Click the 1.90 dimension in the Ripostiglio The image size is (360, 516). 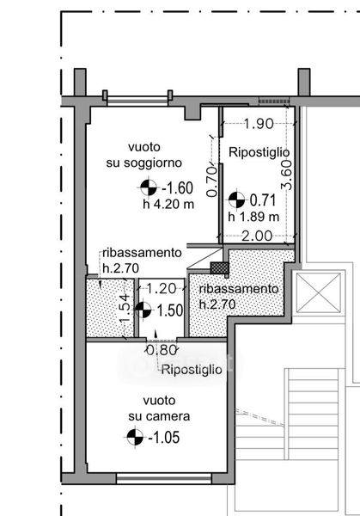[259, 124]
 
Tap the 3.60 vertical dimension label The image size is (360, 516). [286, 175]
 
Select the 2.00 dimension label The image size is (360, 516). [257, 236]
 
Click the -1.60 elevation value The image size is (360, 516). [177, 188]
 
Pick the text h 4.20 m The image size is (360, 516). [168, 205]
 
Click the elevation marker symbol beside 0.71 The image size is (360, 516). [237, 200]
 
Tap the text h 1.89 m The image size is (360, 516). [253, 217]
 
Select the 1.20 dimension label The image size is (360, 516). [161, 289]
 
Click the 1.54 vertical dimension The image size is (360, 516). [124, 309]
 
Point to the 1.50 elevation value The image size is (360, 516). [170, 310]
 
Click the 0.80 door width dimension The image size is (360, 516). [162, 350]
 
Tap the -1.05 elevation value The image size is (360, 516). [164, 438]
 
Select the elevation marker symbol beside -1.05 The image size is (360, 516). [135, 438]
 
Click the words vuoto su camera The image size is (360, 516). [159, 408]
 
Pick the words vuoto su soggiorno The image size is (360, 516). [144, 155]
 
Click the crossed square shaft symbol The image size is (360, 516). [318, 293]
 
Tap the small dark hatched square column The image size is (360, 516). [219, 267]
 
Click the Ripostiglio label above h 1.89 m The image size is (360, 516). [259, 152]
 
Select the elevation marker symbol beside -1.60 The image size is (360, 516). [149, 187]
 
